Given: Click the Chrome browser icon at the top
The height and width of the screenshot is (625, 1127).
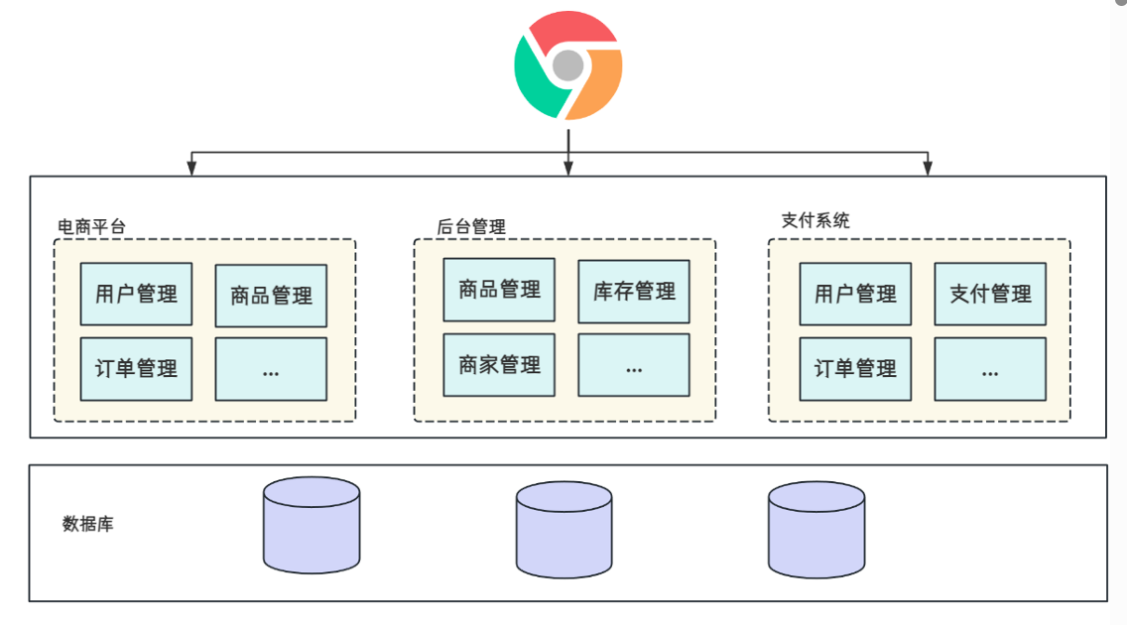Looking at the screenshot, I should tap(567, 65).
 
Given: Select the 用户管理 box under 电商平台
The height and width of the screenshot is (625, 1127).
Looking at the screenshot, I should tap(136, 294).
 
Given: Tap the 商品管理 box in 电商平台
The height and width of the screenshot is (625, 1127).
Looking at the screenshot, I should tap(271, 296).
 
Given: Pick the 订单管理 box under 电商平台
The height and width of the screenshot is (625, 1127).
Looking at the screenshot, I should tap(136, 369).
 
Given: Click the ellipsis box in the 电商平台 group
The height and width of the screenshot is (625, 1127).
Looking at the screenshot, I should tap(271, 369).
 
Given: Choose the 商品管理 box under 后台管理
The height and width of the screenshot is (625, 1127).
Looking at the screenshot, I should tap(499, 290).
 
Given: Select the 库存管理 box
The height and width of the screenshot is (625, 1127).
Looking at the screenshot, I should tap(634, 292).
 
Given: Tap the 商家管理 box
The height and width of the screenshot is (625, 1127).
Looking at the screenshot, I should tap(499, 365).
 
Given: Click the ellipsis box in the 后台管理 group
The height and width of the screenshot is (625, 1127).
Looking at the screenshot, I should tap(634, 365).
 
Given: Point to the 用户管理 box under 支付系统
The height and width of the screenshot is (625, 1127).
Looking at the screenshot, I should tap(855, 294).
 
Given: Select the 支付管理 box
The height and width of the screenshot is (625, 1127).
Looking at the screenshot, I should tap(990, 294).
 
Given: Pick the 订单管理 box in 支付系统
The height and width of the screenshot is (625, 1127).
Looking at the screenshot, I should tap(855, 369).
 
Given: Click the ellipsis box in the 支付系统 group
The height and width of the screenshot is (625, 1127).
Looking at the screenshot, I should tap(990, 369).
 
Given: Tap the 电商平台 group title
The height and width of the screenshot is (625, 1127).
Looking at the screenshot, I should tap(92, 227).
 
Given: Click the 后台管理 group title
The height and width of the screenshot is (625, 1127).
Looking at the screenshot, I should tap(471, 227).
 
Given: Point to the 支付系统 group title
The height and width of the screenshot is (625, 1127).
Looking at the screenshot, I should tap(815, 220).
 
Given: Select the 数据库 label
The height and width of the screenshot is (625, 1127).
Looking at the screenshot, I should tap(88, 524).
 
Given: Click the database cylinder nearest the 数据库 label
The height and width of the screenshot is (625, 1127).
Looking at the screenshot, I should tap(312, 526).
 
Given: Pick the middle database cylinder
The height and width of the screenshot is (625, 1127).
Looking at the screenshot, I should tap(563, 530).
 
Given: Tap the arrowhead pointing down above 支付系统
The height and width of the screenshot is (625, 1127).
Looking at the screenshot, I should tap(928, 168).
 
